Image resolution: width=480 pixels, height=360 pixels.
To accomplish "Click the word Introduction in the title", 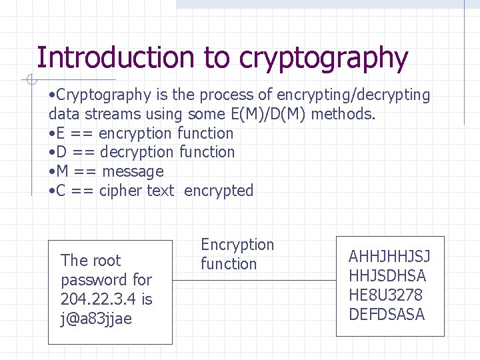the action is coord(117,58).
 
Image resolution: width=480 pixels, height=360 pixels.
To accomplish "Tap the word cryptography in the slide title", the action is coord(323,59).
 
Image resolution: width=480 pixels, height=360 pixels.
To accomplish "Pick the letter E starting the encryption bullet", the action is coord(59,133).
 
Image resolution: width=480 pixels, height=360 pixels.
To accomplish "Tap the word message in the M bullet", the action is coord(133,171).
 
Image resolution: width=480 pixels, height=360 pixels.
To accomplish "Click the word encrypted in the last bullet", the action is coord(219,191).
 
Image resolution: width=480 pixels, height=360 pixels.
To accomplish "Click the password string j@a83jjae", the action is coord(96,319).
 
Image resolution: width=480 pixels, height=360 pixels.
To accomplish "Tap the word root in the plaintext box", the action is coord(107,261).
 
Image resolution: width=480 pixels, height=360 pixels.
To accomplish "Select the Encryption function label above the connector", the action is coord(237,254).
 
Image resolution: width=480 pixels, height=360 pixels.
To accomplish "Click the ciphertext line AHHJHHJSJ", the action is coord(389,257).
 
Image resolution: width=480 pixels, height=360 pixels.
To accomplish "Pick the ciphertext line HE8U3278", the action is coord(385,295).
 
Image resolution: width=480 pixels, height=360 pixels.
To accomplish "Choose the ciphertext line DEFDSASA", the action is coord(387,315).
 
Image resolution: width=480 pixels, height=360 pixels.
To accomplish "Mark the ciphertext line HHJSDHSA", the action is coord(387,276).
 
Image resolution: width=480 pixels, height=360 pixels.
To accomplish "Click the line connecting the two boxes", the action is coord(253,280).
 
